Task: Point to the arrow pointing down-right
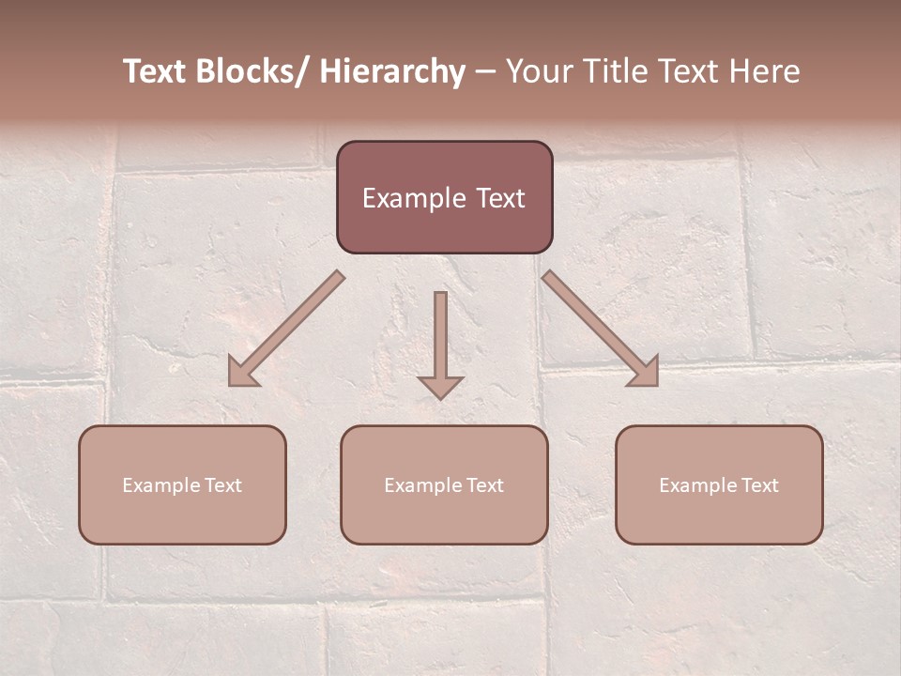tap(601, 330)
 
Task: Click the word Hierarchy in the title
tap(391, 71)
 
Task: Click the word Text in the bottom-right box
tap(759, 485)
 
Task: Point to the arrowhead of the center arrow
tap(440, 387)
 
